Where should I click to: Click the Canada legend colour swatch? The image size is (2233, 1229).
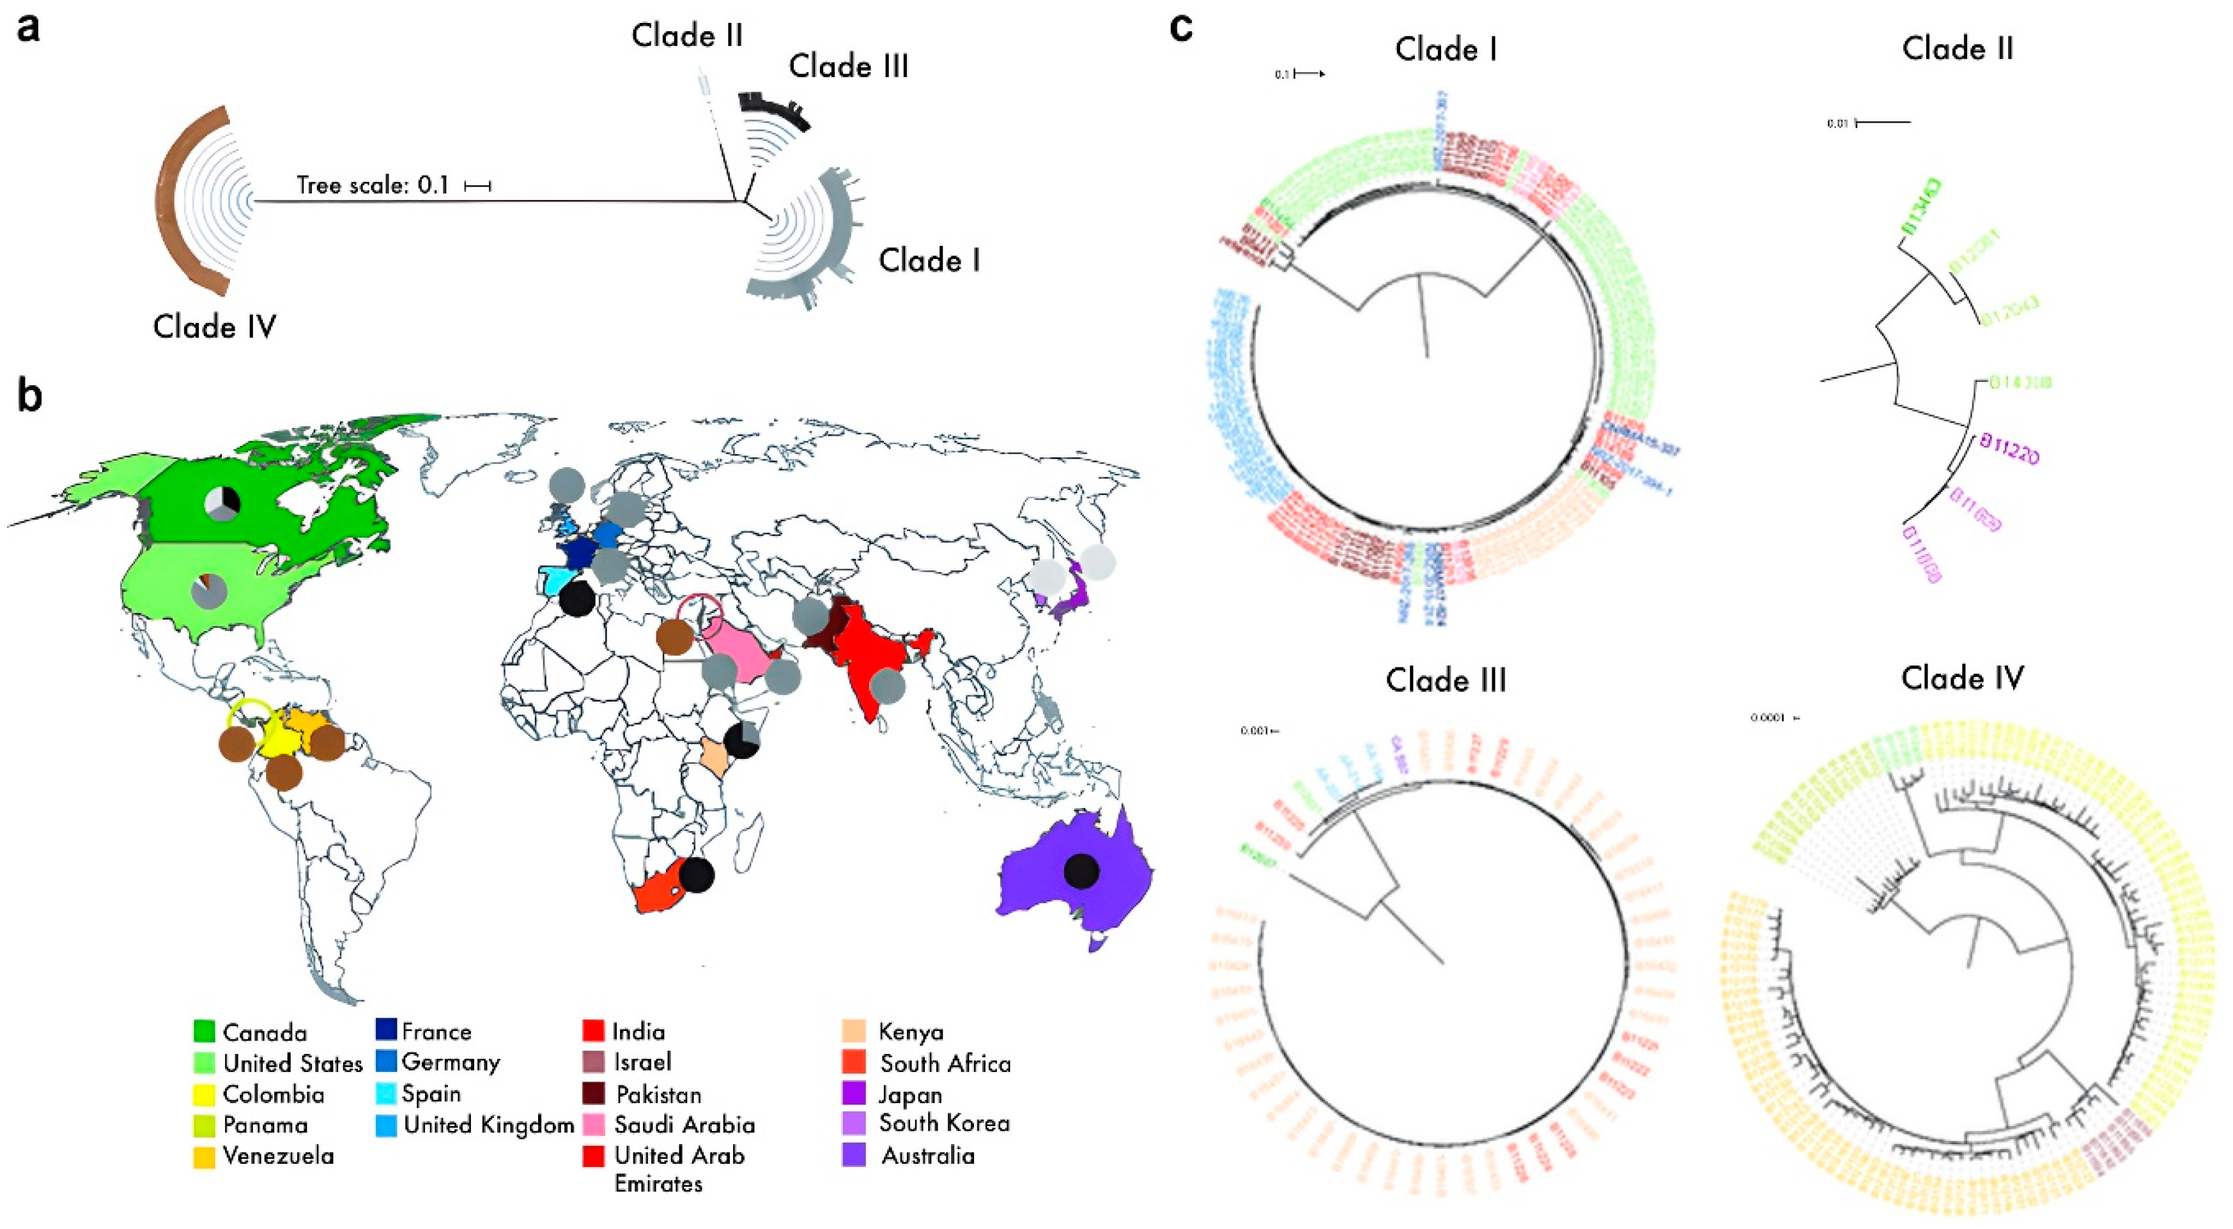205,1032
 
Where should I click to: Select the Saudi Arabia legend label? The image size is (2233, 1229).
684,1125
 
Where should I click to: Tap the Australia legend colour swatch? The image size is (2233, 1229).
853,1156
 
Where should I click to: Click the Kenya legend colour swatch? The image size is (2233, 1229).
853,1032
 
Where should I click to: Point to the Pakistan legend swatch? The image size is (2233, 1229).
594,1094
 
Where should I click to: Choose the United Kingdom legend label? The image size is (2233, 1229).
489,1125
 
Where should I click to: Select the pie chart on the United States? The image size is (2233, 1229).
209,591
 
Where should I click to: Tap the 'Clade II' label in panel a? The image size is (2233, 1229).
686,36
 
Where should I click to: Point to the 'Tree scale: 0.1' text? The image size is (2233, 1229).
373,185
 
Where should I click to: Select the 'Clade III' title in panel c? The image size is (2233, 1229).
1445,680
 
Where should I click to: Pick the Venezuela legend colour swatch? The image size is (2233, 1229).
205,1156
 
